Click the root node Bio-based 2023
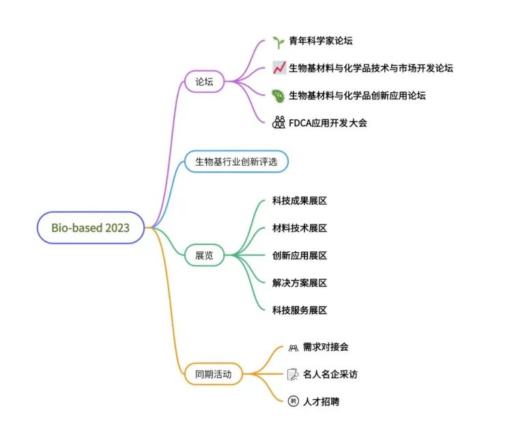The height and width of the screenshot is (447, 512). tap(90, 227)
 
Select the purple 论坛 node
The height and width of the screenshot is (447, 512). tap(204, 82)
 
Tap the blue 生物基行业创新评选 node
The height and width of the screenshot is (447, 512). tap(236, 162)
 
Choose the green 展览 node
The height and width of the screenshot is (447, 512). tap(204, 255)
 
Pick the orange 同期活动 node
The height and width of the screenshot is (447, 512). tap(213, 374)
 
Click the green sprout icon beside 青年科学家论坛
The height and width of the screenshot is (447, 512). tap(278, 42)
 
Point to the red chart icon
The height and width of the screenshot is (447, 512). tap(278, 68)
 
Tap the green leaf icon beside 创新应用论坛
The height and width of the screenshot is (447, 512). tap(278, 96)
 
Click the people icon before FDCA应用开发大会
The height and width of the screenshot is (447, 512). tap(278, 123)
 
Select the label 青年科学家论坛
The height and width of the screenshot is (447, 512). tap(321, 42)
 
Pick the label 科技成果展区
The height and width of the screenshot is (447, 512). tap(300, 201)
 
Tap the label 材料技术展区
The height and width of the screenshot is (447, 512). tap(300, 228)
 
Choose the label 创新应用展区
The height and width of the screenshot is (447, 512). tap(300, 255)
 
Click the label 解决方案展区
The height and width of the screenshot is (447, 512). tap(300, 283)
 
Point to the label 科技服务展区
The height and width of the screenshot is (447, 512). tap(300, 310)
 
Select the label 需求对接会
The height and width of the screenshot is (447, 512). tap(326, 347)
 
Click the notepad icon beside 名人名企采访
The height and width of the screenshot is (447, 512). tap(293, 374)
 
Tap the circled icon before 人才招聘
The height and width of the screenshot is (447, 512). tap(293, 401)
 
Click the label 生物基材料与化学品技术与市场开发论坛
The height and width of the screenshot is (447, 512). tap(371, 68)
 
